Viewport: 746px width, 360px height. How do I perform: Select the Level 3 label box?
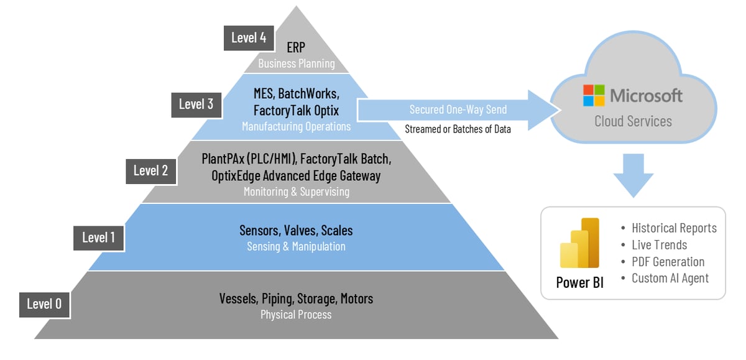(196, 104)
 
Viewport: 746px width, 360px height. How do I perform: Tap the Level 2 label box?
(150, 170)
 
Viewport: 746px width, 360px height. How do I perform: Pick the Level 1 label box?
(99, 237)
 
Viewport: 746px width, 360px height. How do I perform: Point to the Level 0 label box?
(44, 303)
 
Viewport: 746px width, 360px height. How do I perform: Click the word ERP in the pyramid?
(297, 48)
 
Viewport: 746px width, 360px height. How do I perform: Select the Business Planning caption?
(297, 63)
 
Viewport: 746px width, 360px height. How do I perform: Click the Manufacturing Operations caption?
(296, 127)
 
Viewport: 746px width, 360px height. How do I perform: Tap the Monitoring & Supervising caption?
(296, 192)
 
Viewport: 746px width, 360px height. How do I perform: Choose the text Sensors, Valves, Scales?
(296, 231)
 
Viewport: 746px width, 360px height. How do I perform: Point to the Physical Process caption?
(296, 315)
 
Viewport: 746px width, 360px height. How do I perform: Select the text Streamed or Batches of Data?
(458, 129)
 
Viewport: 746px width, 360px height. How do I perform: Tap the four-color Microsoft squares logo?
(594, 96)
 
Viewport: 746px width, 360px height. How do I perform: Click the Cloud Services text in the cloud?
(633, 121)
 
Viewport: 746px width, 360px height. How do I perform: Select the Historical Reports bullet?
(674, 228)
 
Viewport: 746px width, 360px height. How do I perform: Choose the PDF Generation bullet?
(668, 262)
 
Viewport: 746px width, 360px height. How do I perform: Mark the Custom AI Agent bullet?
(670, 279)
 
